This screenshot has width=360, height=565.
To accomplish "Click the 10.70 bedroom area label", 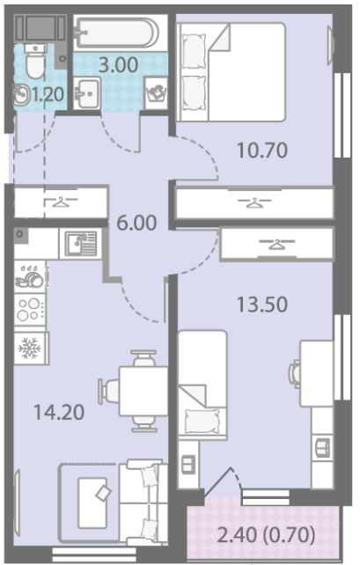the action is (x=262, y=150).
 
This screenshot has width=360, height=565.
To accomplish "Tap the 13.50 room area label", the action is (x=262, y=305).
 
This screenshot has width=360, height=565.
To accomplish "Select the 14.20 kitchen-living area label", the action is (x=59, y=412).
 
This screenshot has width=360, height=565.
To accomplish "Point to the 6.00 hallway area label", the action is (x=137, y=223).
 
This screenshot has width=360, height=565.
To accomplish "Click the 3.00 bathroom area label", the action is (x=119, y=65).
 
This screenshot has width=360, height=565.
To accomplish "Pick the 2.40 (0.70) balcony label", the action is (x=267, y=535).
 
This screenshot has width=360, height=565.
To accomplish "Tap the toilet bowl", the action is (x=35, y=61).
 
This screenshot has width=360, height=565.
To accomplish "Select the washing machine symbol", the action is (x=156, y=93).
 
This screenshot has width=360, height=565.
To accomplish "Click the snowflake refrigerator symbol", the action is (x=30, y=349).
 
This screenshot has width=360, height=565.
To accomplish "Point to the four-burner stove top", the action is (x=30, y=310).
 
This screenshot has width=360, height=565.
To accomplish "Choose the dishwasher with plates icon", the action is (x=30, y=276).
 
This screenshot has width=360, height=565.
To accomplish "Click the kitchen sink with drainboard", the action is (x=81, y=244).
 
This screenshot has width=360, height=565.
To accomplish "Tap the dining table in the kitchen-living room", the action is (x=143, y=392).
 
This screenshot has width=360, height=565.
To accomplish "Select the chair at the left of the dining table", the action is (x=108, y=392).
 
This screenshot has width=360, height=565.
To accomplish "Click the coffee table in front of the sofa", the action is (x=93, y=503).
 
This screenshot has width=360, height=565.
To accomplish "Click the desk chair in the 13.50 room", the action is (x=295, y=374).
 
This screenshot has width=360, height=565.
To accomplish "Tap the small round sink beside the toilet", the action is (x=22, y=95).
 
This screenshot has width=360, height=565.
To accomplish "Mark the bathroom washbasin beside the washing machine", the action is (x=87, y=93).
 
